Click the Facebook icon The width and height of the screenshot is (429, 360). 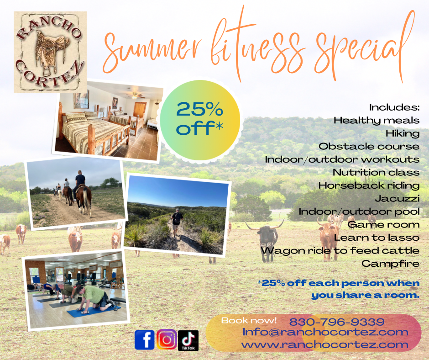[145, 340]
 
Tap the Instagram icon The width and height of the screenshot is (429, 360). [167, 339]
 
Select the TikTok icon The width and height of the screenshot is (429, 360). [188, 340]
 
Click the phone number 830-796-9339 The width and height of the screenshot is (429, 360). [337, 322]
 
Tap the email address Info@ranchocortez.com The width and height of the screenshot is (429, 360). [325, 332]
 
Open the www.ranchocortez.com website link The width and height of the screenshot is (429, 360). [325, 344]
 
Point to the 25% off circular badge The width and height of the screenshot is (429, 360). [200, 120]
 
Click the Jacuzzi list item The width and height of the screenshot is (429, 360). [397, 198]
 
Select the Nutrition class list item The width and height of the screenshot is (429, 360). [376, 172]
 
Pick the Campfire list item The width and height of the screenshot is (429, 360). [390, 264]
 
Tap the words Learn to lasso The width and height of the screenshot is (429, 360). [377, 238]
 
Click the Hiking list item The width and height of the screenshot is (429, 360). [403, 133]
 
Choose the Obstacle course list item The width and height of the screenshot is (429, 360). [369, 146]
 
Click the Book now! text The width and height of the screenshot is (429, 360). [249, 320]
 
